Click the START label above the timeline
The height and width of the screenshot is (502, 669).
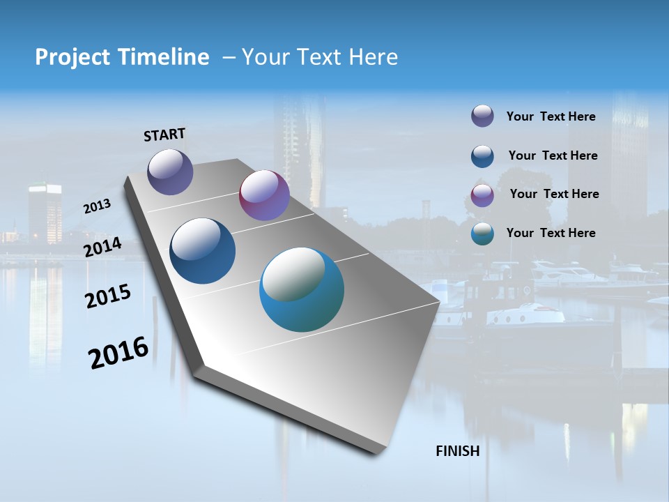coord(164,135)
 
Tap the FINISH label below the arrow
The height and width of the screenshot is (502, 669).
coord(458,451)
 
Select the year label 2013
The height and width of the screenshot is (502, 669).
coord(97,206)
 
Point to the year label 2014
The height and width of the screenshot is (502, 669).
coord(103,248)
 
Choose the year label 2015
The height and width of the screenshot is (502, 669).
coord(108,296)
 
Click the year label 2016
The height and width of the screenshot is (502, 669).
coord(118,352)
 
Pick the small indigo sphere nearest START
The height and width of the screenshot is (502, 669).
coord(170,172)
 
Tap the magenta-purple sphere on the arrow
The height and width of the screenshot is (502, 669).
coord(264,195)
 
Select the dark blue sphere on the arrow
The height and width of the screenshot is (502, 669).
coord(203,251)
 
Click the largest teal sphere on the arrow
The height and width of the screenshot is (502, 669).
coord(302,289)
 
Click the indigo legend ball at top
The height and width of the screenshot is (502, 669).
coord(482,116)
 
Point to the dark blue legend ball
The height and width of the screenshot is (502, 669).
coord(482,156)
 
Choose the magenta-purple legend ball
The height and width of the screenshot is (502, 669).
coord(482,195)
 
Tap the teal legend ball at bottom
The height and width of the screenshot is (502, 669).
coord(482,234)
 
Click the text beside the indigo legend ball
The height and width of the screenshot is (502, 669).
coord(551,116)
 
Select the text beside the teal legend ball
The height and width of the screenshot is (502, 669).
coord(551,233)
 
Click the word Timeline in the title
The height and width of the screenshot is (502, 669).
coord(165,57)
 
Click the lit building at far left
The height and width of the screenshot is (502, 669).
coord(45,213)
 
